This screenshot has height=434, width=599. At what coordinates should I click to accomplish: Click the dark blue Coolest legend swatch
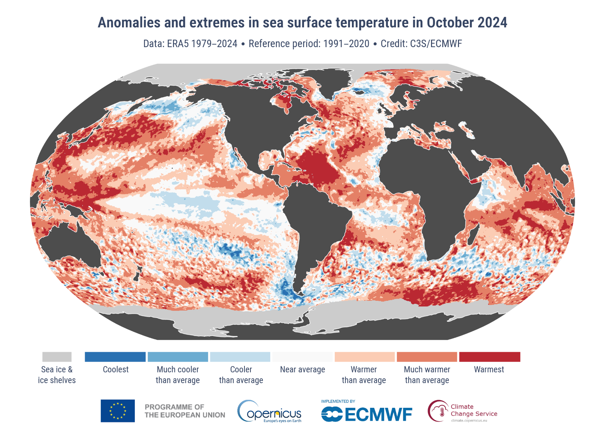pyautogui.click(x=115, y=357)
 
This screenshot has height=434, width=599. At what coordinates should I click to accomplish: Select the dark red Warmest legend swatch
pyautogui.click(x=489, y=357)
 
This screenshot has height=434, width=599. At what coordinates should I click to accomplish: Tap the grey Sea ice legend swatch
pyautogui.click(x=57, y=357)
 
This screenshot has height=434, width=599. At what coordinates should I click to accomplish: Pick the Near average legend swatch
pyautogui.click(x=302, y=357)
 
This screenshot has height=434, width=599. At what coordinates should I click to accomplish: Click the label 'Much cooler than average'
pyautogui.click(x=178, y=375)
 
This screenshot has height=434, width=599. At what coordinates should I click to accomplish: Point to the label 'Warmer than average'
pyautogui.click(x=364, y=375)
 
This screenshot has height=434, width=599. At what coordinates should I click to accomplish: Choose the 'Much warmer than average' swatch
pyautogui.click(x=427, y=357)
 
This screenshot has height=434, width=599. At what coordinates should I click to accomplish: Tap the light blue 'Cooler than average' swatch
pyautogui.click(x=240, y=357)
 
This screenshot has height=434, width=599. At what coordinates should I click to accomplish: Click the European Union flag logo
pyautogui.click(x=118, y=411)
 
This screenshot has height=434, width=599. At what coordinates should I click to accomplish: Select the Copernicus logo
pyautogui.click(x=269, y=411)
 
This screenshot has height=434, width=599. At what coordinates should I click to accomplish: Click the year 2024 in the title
pyautogui.click(x=492, y=22)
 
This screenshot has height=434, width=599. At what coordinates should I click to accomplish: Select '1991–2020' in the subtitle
pyautogui.click(x=346, y=44)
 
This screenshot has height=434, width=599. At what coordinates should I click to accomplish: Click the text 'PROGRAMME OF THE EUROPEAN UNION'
pyautogui.click(x=185, y=411)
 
